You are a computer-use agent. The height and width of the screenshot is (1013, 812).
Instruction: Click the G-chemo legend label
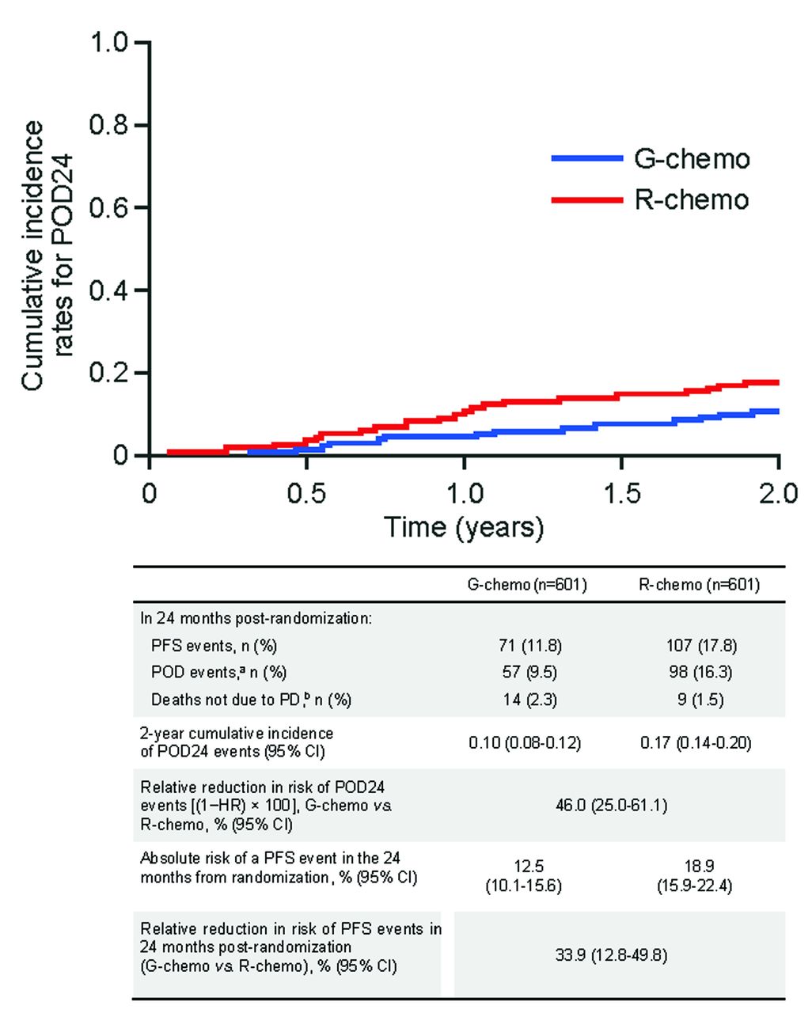pos(692,159)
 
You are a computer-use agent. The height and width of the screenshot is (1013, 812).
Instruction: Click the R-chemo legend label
pos(692,199)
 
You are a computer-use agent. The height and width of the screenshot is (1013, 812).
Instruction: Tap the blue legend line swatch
pos(586,159)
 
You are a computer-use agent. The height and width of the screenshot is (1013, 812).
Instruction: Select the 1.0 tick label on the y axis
pos(108,42)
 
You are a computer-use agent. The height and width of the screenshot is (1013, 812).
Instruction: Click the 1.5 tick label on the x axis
pos(622,494)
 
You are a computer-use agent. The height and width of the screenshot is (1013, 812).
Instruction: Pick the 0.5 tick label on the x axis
pos(306,494)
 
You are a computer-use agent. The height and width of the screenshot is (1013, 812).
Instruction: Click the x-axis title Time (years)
pos(464,527)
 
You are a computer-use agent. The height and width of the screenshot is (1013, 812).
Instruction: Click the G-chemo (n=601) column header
pos(527,585)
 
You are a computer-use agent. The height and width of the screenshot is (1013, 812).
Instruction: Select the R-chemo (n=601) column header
pos(700,585)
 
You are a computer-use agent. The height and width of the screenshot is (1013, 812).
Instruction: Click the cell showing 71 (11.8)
pos(526,646)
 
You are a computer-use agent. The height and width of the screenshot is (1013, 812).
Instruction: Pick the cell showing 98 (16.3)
pos(700,673)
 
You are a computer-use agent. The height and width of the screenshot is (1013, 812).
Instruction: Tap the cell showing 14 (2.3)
pos(526,700)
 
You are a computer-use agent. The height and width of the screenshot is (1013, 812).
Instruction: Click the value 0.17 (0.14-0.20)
pos(696,742)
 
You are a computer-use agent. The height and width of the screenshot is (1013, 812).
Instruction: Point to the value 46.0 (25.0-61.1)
pos(613,806)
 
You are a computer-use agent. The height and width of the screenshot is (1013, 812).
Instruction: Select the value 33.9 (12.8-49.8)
pos(613,955)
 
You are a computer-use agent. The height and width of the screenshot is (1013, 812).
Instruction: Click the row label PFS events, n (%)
pos(214,646)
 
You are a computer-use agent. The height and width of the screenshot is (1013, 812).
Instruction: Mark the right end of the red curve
pos(778,383)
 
